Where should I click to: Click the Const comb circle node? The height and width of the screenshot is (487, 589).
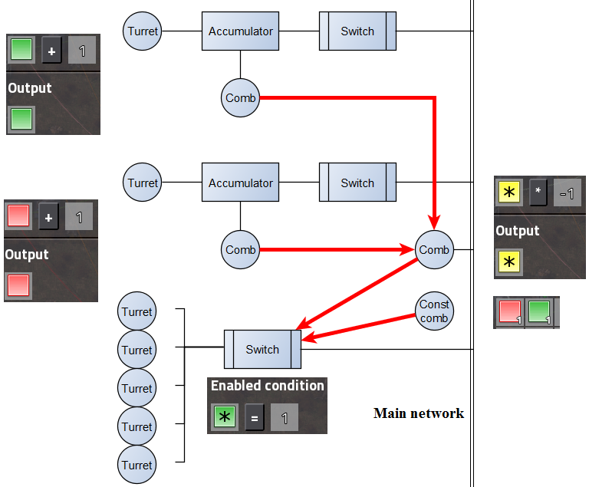(x=434, y=311)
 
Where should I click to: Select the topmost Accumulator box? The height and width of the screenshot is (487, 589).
(x=241, y=31)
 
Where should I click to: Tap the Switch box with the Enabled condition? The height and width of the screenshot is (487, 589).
(x=262, y=350)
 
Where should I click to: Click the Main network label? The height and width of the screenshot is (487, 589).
(x=419, y=413)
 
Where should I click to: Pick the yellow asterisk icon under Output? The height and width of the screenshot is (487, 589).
(x=508, y=262)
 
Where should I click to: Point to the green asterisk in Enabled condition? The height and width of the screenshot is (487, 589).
(x=224, y=417)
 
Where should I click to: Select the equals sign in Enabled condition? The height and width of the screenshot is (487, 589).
(x=255, y=418)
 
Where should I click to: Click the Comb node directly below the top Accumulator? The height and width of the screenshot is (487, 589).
(x=241, y=98)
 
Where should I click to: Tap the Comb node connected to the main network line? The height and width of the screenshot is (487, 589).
(x=434, y=249)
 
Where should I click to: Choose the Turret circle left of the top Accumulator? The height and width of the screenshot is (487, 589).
(x=143, y=31)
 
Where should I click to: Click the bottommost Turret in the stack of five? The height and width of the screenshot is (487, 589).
(x=137, y=465)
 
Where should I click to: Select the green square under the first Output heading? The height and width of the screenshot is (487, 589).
(x=21, y=119)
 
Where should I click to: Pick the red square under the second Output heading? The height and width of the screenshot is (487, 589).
(x=19, y=285)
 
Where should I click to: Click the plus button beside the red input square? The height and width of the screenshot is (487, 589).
(x=48, y=217)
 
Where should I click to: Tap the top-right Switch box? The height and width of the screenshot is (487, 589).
(x=357, y=31)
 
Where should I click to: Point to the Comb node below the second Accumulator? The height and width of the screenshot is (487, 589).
(x=241, y=249)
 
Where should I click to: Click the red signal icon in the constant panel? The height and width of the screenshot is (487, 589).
(x=510, y=312)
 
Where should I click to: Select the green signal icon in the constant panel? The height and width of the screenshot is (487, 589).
(x=538, y=312)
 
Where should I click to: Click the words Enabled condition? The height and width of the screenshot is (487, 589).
(x=268, y=386)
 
